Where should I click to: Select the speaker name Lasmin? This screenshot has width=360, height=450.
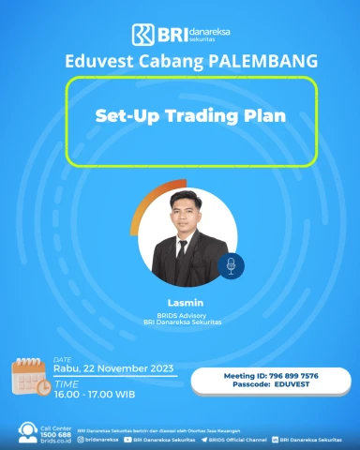pyautogui.click(x=180, y=303)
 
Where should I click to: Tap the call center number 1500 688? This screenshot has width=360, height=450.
pyautogui.click(x=55, y=433)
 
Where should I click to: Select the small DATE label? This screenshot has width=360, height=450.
pyautogui.click(x=62, y=358)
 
